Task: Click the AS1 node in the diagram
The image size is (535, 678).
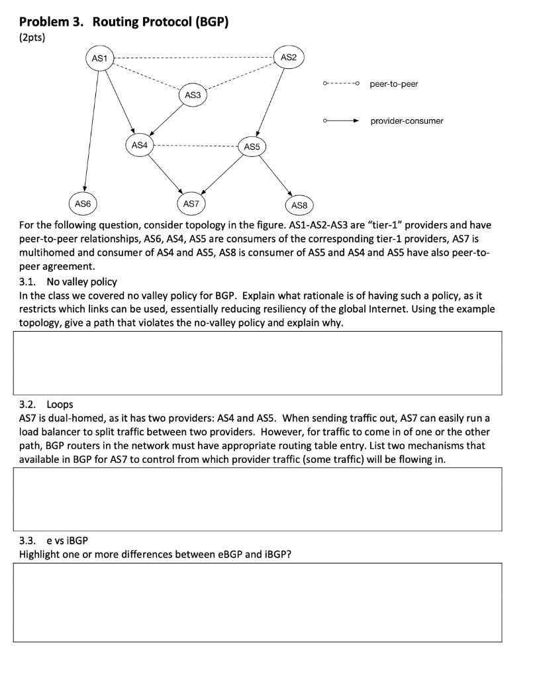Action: (99, 58)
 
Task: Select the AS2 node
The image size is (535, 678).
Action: (288, 58)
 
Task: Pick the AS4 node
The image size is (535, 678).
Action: (139, 144)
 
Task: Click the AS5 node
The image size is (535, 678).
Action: (252, 146)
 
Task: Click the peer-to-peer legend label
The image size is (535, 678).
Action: (393, 84)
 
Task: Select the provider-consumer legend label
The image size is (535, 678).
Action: (407, 121)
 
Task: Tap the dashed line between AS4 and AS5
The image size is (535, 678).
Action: (196, 145)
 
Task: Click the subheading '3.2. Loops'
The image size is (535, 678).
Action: (46, 404)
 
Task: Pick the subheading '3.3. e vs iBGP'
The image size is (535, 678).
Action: (54, 540)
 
